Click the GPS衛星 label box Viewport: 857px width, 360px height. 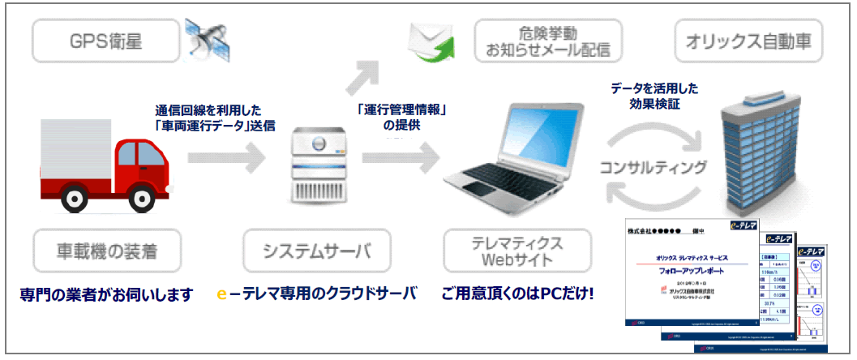[x=105, y=39]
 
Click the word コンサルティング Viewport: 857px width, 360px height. [x=653, y=168]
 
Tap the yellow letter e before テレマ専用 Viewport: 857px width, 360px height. [x=222, y=294]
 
